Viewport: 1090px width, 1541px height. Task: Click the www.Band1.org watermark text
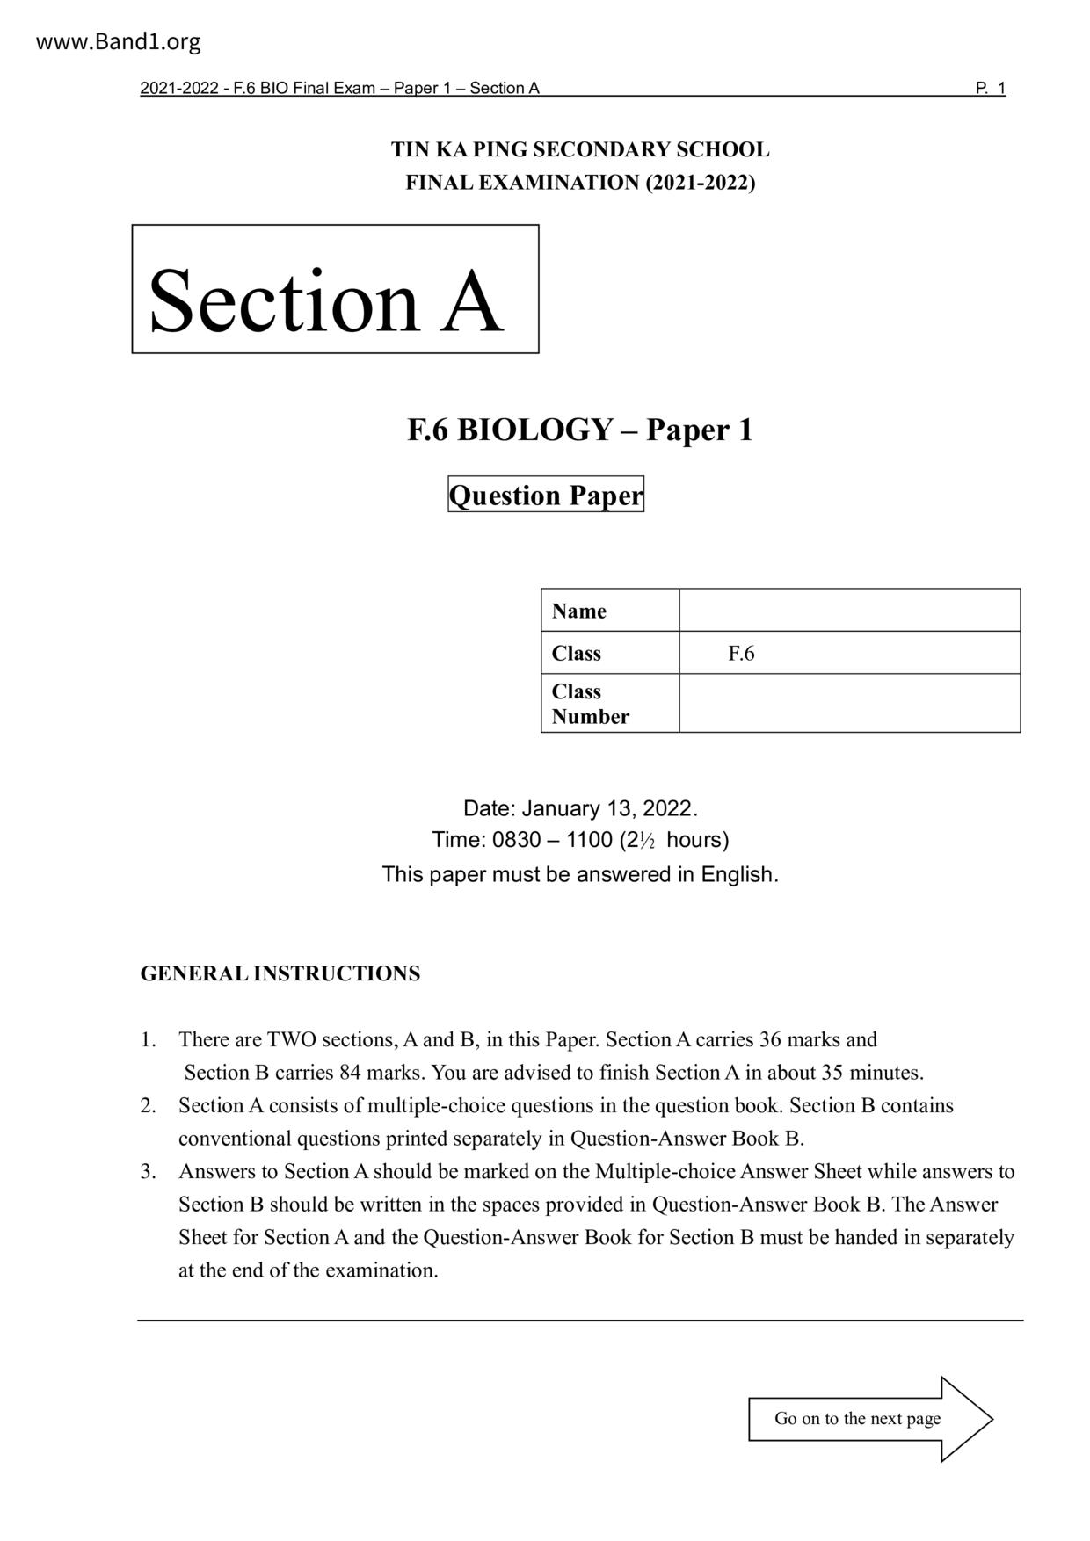(x=119, y=41)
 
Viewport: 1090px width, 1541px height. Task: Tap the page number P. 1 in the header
(x=990, y=88)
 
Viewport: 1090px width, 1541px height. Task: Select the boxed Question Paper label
(x=546, y=495)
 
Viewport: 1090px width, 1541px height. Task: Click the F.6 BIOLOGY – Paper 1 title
(x=580, y=430)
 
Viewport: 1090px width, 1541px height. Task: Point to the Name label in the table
(x=579, y=611)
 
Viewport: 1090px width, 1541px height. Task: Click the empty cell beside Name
(x=849, y=611)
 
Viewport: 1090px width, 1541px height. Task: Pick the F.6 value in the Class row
(x=741, y=654)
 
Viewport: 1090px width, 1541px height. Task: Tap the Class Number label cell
(x=590, y=704)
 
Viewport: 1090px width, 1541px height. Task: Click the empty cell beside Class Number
(x=849, y=704)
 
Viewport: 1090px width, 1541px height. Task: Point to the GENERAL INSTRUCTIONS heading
(x=280, y=973)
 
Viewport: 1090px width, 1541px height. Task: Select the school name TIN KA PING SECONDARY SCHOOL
(x=580, y=149)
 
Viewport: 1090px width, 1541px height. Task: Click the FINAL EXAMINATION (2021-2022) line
(x=580, y=183)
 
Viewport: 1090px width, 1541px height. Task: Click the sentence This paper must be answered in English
(x=580, y=875)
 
